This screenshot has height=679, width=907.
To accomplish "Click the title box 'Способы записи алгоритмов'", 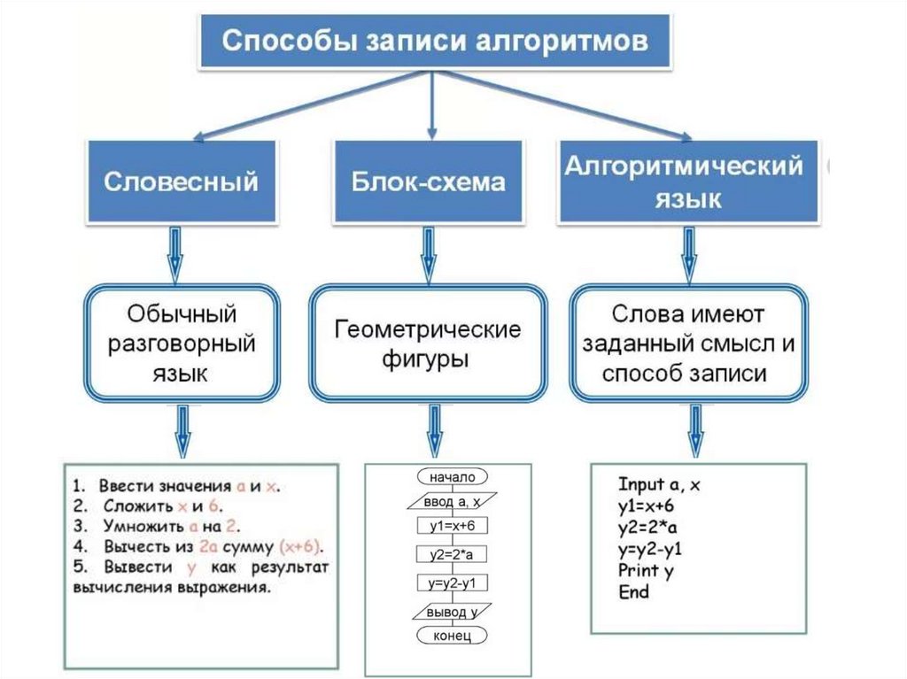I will pos(434,42).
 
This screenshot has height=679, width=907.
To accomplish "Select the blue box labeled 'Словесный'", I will pos(181,181).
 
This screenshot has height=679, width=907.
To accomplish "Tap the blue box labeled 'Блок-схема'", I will pos(429,181).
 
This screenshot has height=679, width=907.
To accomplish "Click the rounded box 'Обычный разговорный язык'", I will pos(182,343).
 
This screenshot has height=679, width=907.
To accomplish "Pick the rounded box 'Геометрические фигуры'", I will pos(428,343).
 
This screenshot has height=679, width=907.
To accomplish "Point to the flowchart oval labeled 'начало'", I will pos(451,478).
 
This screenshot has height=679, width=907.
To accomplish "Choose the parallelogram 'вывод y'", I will pos(452,612).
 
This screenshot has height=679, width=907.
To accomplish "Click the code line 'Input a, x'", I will pos(660,485).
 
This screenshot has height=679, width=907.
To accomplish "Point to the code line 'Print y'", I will pos(646,569).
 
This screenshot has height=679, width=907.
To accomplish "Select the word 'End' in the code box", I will pos(633,591).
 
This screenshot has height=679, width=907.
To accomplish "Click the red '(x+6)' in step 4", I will pos(298,545).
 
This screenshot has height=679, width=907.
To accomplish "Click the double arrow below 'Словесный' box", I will pos(176,253).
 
